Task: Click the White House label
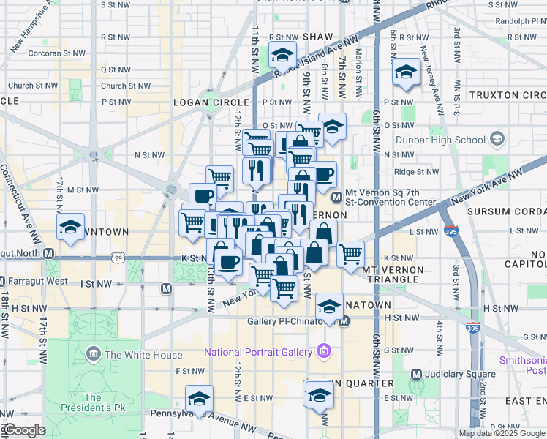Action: tap(143, 356)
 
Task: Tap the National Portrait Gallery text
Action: tap(258, 352)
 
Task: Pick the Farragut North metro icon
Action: tap(48, 255)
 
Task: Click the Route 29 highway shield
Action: tap(118, 258)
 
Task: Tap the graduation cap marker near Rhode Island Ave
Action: tap(282, 55)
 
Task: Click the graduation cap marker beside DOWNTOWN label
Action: tap(71, 227)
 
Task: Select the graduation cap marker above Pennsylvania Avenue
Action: tap(198, 399)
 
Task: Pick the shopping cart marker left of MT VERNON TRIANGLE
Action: tap(350, 254)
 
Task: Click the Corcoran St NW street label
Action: tap(52, 53)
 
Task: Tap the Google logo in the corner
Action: tap(25, 431)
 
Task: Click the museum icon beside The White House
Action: tap(93, 356)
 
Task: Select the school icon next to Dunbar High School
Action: tap(497, 139)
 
